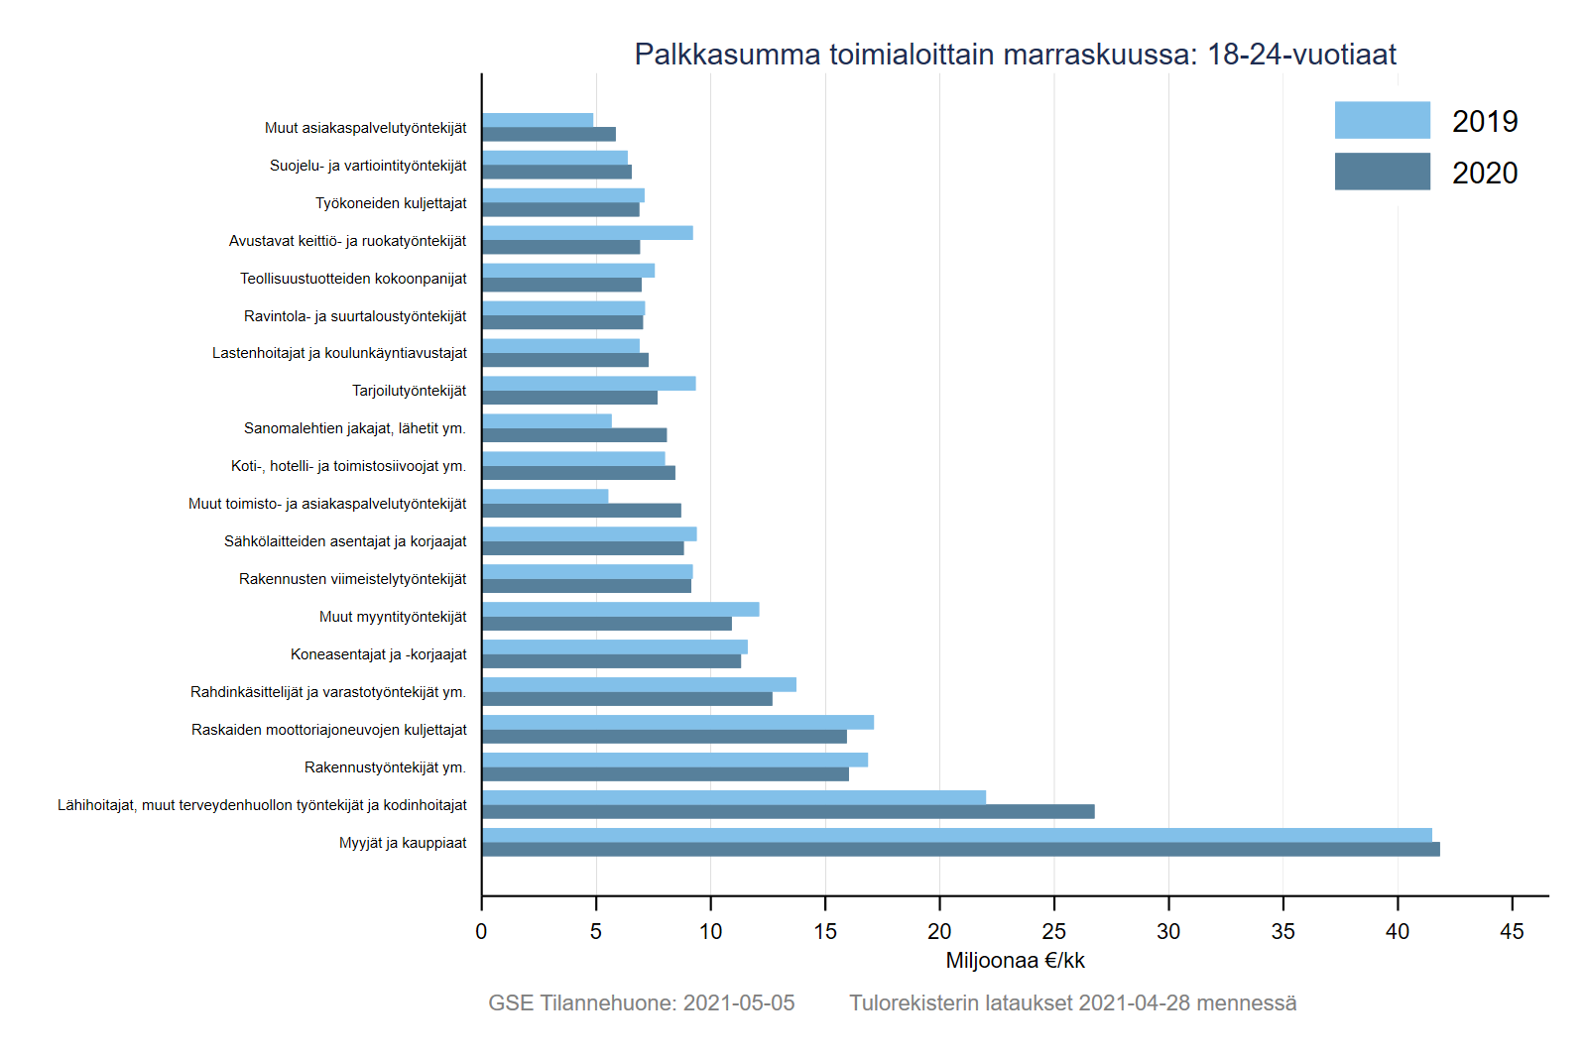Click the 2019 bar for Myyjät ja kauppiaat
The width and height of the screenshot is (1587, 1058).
956,835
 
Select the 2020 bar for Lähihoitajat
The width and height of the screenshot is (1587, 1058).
788,812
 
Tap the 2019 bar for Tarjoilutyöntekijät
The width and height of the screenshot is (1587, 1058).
588,384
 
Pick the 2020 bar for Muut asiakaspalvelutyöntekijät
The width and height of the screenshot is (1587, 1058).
549,135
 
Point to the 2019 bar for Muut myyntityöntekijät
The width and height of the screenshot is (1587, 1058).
620,610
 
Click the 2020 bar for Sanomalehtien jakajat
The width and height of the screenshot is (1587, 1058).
574,435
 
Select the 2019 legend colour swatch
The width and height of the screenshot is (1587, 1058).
1382,120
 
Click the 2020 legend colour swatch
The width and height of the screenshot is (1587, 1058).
1382,172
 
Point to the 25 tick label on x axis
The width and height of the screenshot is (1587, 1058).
1053,931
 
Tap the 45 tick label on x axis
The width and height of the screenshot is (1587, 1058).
1512,931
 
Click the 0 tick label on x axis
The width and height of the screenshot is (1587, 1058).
481,931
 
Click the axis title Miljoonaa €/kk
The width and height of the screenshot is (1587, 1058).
1015,961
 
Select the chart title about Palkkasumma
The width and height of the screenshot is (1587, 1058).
1015,55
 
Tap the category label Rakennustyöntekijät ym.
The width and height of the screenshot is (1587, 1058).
385,767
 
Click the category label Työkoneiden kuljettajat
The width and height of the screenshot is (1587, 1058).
391,203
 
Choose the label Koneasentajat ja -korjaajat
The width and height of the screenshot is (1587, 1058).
378,654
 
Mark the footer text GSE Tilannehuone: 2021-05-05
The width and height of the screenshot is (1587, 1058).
641,1003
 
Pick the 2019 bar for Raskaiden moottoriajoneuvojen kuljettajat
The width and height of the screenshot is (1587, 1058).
677,723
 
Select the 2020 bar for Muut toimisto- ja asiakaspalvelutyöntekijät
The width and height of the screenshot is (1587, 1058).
581,511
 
